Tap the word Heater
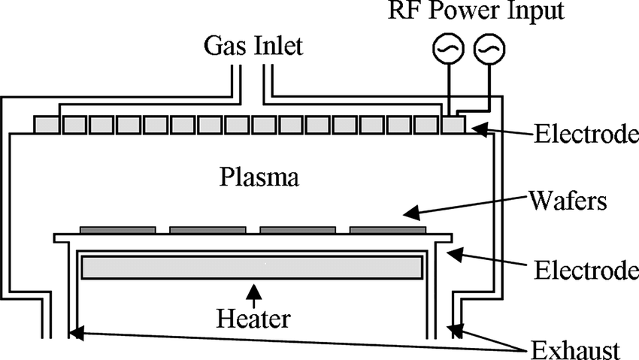point(253,319)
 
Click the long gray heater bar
point(251,267)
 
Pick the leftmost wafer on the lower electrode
point(118,228)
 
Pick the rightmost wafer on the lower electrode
point(387,228)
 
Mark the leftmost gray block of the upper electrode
point(47,125)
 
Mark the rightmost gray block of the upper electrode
point(453,125)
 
